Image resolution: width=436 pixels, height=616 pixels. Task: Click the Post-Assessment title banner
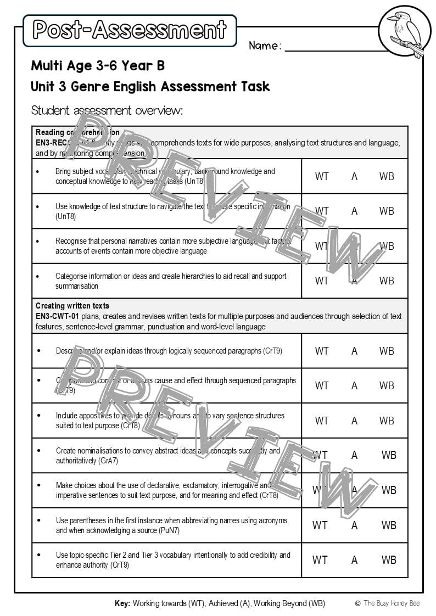tap(130, 30)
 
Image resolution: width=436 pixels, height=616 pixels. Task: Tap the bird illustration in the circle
tap(405, 31)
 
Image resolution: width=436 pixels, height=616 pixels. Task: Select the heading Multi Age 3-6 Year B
tap(98, 66)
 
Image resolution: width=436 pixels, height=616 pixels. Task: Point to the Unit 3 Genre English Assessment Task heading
tap(150, 87)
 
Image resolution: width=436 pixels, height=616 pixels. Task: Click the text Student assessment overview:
tap(107, 110)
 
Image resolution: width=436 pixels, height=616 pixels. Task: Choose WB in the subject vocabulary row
tap(387, 176)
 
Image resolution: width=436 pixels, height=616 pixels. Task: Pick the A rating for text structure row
tap(354, 211)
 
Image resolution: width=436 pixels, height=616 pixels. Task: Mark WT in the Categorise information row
tap(321, 281)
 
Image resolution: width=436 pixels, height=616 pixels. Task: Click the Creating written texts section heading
tap(72, 306)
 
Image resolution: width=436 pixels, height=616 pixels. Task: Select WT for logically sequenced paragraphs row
tap(321, 351)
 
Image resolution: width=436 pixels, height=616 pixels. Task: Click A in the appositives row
tap(354, 421)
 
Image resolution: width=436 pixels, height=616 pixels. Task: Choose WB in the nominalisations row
tap(389, 455)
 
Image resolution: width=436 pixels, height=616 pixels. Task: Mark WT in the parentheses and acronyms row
tap(320, 525)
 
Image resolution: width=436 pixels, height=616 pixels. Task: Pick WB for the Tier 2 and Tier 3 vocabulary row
tap(389, 560)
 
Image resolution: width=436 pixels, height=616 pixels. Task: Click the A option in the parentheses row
tap(354, 525)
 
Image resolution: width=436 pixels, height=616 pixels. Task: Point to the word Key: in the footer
tap(122, 603)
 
